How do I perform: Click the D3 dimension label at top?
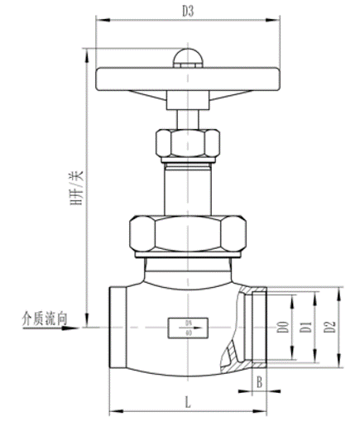(188, 12)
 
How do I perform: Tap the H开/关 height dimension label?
(77, 187)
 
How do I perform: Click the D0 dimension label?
(283, 327)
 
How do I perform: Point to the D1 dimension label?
(306, 327)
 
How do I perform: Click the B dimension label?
(259, 381)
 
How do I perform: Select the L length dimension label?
(187, 403)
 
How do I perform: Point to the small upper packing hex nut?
(188, 143)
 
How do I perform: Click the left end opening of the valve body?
(115, 327)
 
